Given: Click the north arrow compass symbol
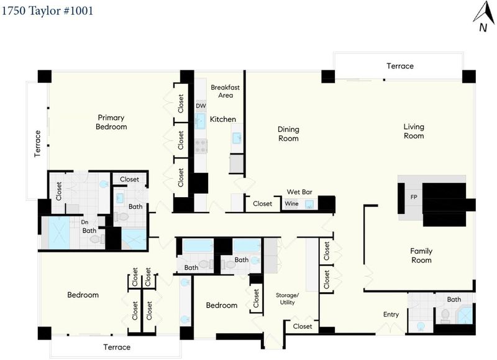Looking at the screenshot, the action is [484, 17].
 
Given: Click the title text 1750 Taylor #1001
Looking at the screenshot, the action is [47, 11].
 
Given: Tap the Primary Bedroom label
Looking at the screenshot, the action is [111, 122].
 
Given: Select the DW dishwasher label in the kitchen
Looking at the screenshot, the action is [201, 106].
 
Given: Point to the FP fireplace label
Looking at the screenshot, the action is [414, 197].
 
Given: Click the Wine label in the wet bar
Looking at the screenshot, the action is [291, 204].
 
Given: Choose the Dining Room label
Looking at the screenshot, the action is [288, 134].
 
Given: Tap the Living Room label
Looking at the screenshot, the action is [414, 131].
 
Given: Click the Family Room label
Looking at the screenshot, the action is [421, 256].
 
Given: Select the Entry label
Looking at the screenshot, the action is [391, 315].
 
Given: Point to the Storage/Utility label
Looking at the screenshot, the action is [287, 299].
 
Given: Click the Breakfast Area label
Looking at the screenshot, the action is [226, 91].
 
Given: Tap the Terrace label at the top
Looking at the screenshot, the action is [400, 66].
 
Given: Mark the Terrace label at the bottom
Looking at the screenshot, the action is [117, 347].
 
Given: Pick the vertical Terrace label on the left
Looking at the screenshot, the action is [37, 144].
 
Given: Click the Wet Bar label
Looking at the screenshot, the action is [299, 192].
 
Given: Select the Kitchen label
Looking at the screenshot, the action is [223, 119].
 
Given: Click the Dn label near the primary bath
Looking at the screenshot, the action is [84, 222].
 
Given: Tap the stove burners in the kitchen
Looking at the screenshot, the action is [201, 146].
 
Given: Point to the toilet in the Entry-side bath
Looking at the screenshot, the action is [445, 316].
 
